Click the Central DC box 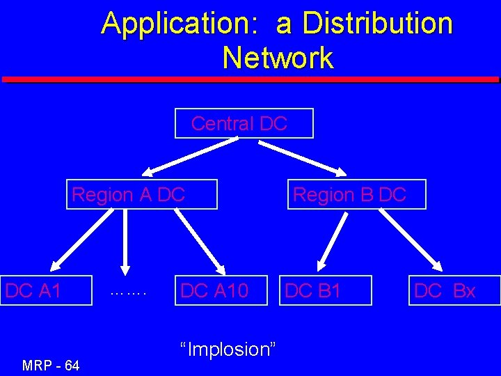click(x=244, y=124)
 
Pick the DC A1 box click(x=46, y=290)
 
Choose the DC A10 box click(x=221, y=290)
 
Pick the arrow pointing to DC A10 click(x=200, y=241)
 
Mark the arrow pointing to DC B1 click(x=333, y=241)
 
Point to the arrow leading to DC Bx click(x=411, y=241)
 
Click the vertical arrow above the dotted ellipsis click(x=125, y=241)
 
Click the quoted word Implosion click(x=228, y=348)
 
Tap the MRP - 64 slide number click(x=51, y=364)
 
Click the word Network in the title click(x=278, y=57)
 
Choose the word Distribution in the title click(x=365, y=23)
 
